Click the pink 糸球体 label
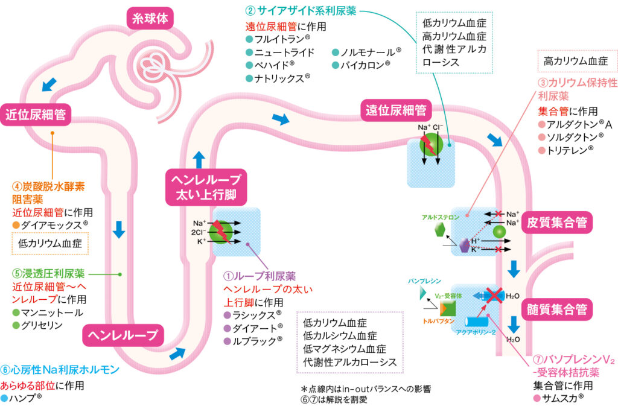[x=150, y=19]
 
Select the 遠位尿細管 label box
[x=396, y=110]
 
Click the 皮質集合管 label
[x=556, y=222]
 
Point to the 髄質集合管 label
[x=556, y=310]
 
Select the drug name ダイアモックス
[x=54, y=224]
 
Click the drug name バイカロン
[x=366, y=64]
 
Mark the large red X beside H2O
[x=492, y=296]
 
